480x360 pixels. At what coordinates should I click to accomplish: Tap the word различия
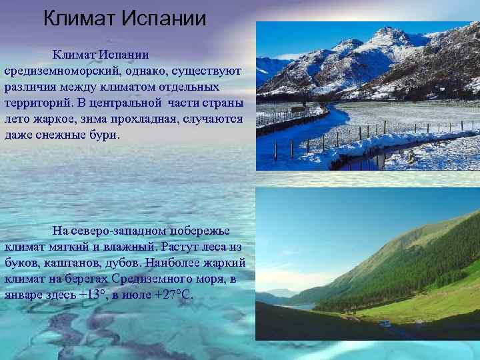coord(31,87)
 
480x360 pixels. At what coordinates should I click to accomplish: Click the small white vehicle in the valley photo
coord(385,323)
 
